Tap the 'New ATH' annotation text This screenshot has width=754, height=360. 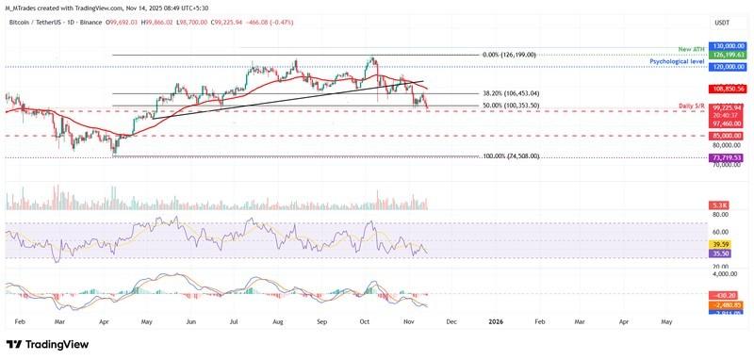(x=691, y=47)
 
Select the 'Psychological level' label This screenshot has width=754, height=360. (x=678, y=60)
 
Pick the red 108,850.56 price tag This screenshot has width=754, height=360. (x=726, y=89)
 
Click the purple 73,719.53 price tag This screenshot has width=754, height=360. (x=726, y=157)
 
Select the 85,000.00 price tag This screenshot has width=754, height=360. (x=726, y=136)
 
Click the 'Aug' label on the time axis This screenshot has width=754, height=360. (x=278, y=321)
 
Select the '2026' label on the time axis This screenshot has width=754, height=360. (x=496, y=321)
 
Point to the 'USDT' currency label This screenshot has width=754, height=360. (x=723, y=23)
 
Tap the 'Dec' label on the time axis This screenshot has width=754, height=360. (x=451, y=321)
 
